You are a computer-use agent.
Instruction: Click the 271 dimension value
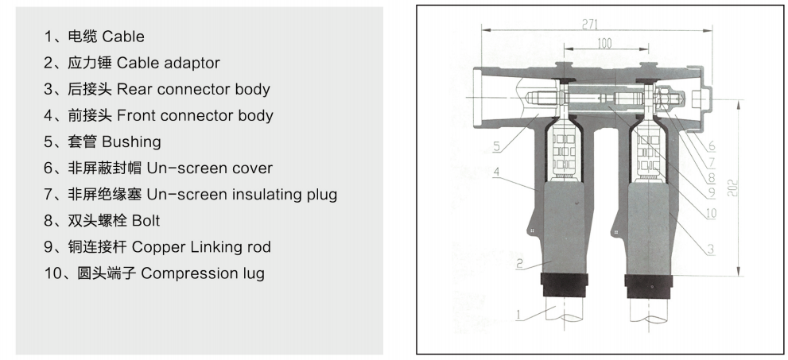(x=589, y=25)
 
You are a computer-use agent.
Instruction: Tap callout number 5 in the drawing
(x=495, y=146)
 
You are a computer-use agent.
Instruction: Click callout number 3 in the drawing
(x=710, y=250)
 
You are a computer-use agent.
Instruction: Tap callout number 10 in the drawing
(x=710, y=213)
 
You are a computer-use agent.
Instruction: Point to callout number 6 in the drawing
(x=710, y=146)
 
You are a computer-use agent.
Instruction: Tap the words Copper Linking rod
(x=201, y=246)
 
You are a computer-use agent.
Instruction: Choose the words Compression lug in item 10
(x=203, y=273)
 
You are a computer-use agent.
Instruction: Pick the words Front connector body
(x=195, y=115)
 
